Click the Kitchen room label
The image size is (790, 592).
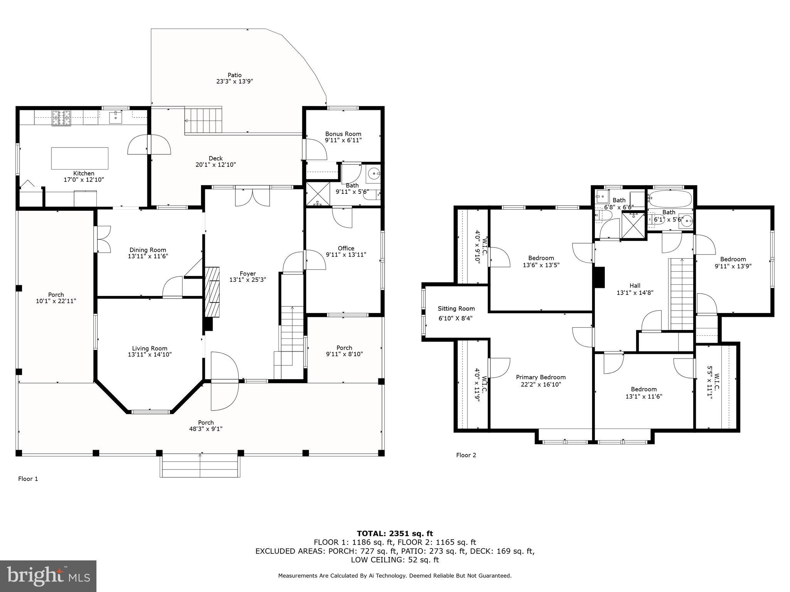[x=84, y=173]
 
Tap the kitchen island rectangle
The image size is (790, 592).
[x=80, y=158]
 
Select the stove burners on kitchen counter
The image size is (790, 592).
[x=62, y=117]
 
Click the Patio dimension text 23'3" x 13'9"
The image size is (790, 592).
[x=235, y=81]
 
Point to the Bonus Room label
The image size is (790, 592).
[x=343, y=134]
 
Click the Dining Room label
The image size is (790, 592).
[x=148, y=250]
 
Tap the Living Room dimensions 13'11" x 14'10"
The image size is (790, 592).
[x=150, y=355]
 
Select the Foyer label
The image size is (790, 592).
[x=248, y=274]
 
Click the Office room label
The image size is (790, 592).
[x=346, y=248]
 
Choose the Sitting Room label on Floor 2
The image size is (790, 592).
[x=456, y=308]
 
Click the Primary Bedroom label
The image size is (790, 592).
[x=540, y=377]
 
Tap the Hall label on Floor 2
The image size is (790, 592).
[x=635, y=286]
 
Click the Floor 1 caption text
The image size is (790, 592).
[x=28, y=479]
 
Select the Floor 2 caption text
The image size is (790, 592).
[x=466, y=455]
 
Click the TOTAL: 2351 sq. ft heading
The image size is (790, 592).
[x=395, y=533]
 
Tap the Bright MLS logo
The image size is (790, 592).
[x=48, y=576]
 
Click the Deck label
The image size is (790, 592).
[x=216, y=158]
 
